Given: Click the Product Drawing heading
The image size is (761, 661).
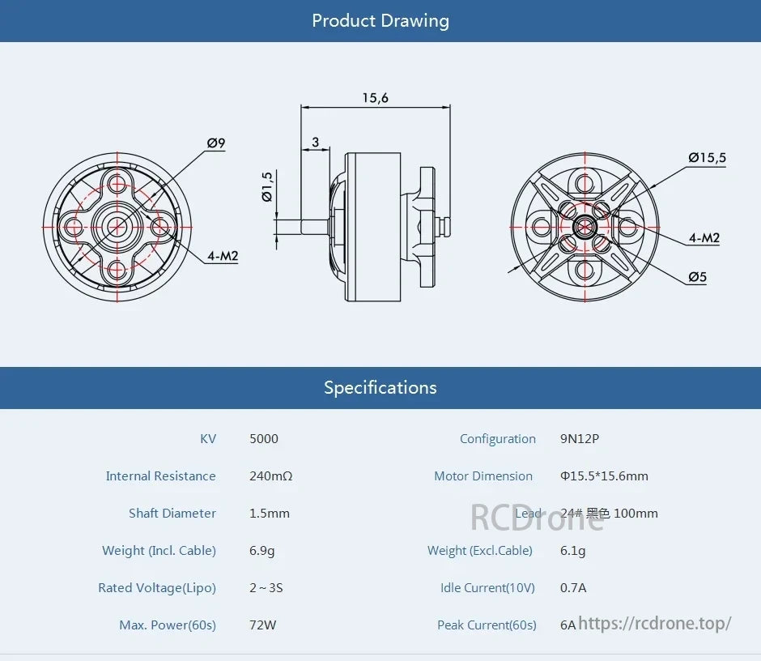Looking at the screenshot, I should (380, 20).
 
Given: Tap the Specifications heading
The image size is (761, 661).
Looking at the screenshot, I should (380, 387).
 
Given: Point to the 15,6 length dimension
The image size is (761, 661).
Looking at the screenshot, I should (375, 98).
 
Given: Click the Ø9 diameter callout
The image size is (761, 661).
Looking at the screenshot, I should (215, 143).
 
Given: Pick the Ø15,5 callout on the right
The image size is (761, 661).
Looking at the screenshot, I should (707, 158).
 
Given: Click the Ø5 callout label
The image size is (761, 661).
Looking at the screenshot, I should (697, 277).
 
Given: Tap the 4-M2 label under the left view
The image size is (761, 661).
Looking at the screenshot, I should (223, 256).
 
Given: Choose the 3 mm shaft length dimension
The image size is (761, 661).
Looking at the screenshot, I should (315, 142).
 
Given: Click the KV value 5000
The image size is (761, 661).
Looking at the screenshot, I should (264, 439).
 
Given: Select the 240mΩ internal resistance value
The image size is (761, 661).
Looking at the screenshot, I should (270, 476).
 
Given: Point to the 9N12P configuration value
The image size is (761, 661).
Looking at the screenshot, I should (580, 439).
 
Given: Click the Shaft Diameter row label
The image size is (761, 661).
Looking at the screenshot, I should (172, 514).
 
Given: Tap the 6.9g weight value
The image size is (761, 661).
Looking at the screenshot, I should (262, 551).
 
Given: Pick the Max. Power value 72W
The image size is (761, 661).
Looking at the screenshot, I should (264, 625).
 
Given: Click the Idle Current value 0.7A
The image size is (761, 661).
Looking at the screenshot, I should (573, 588).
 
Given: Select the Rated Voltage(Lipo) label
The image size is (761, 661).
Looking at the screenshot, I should (157, 588).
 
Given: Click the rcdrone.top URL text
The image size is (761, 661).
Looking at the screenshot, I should (655, 623).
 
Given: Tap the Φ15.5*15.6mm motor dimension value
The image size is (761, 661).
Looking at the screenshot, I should (604, 476).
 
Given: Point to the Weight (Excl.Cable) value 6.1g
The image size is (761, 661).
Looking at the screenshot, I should (573, 551).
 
